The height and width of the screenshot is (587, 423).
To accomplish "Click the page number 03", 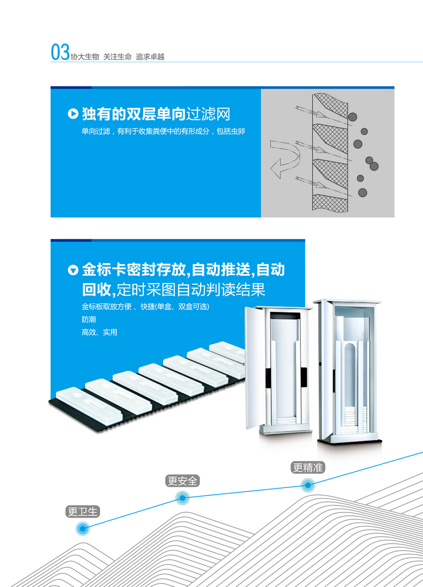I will click(x=60, y=52).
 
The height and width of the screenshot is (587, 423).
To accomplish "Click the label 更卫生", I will click(x=83, y=512).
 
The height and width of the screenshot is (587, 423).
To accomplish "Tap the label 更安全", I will click(x=182, y=481).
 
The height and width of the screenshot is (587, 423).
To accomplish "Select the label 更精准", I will click(x=308, y=467).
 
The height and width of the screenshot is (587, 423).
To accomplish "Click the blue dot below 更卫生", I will click(x=82, y=528).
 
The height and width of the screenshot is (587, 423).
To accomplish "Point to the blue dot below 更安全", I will click(x=182, y=498).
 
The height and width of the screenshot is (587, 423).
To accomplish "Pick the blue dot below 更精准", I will click(x=308, y=485).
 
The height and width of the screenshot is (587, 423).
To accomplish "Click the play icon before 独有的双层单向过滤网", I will click(x=73, y=114).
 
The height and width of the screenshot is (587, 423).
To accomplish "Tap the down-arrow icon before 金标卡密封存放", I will click(x=73, y=270).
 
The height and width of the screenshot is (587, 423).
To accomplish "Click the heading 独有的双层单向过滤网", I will click(x=156, y=114).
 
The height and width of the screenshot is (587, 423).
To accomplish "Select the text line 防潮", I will click(x=89, y=320).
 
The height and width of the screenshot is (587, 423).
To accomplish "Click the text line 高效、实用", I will click(x=99, y=332).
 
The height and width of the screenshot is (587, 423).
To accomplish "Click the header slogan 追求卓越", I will click(x=150, y=57).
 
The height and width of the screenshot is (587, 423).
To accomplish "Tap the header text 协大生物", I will click(x=85, y=57).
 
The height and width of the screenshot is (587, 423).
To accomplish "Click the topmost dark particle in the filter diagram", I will click(x=352, y=117).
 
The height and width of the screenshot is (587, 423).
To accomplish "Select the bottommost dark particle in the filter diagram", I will click(x=363, y=192).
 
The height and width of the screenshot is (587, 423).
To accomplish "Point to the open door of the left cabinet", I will click(x=254, y=366).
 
